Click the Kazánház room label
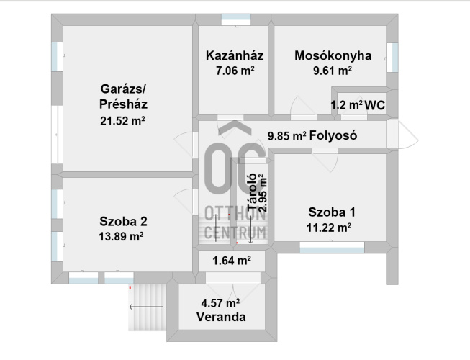[x=235, y=55]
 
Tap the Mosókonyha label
[x=333, y=55]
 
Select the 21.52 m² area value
[x=122, y=121]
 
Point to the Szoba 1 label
[x=332, y=212]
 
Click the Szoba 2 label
[x=123, y=222]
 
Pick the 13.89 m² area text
[x=121, y=236]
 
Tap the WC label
[x=375, y=105]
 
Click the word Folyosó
[x=333, y=135]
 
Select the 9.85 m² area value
[x=287, y=136]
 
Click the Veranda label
[x=221, y=317]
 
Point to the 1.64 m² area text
[x=232, y=261]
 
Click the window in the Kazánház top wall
[x=236, y=19]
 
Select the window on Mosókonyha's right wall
[x=392, y=58]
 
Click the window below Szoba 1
[x=332, y=248]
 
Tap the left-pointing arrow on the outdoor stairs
[x=146, y=307]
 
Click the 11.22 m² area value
[x=329, y=228]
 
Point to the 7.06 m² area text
[x=235, y=71]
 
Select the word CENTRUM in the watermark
[x=235, y=233]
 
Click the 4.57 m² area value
[x=220, y=303]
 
